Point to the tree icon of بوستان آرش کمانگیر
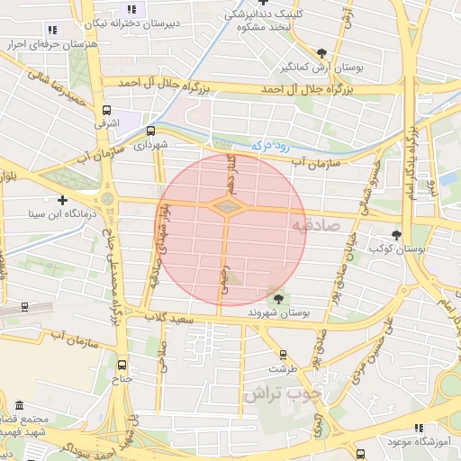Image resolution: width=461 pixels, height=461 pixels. click(x=322, y=53)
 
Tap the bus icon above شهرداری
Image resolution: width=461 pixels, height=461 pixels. click(x=149, y=130)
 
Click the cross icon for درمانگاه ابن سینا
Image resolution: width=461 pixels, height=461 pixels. click(x=62, y=200)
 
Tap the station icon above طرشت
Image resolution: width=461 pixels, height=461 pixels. click(x=284, y=355)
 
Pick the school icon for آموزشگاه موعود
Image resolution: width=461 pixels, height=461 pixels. click(x=416, y=429)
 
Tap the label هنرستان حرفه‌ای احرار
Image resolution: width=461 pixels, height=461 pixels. click(x=41, y=43)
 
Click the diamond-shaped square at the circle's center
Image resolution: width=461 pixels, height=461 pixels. click(x=226, y=208)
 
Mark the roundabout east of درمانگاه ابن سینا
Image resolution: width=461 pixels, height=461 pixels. click(x=108, y=198)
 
